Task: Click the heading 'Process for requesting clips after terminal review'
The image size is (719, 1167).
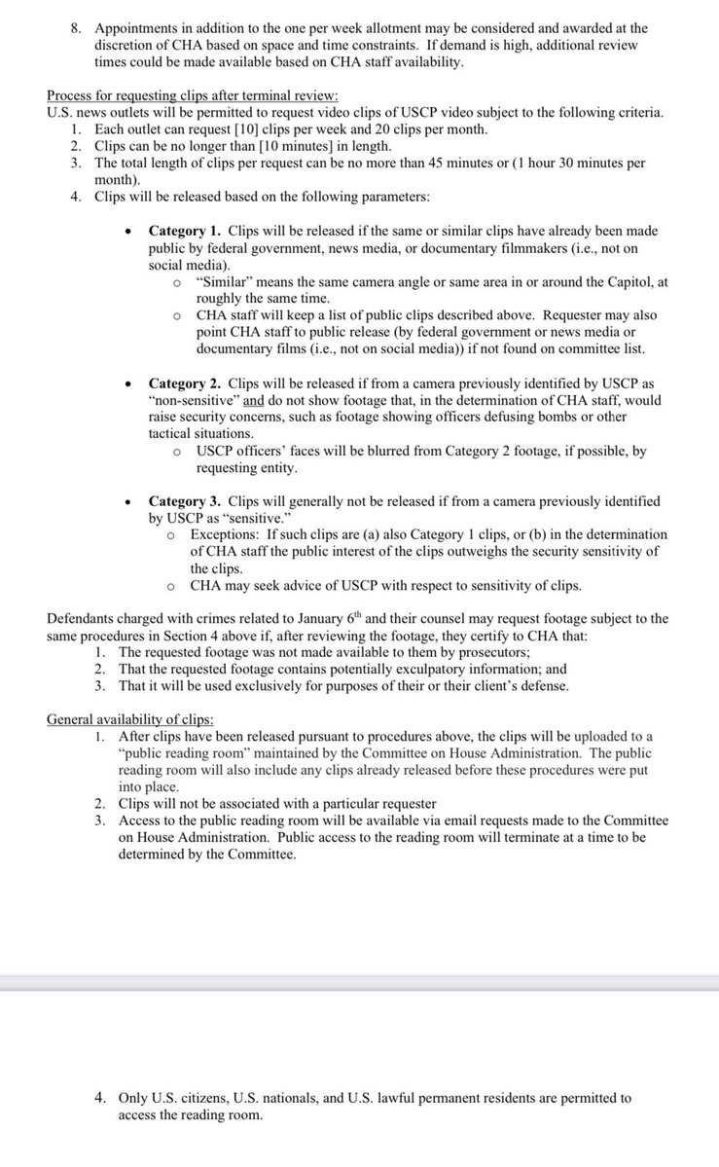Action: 193,94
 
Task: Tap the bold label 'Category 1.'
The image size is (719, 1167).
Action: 185,232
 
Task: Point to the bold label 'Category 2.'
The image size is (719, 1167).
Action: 185,384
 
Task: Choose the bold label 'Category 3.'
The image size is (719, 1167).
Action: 185,501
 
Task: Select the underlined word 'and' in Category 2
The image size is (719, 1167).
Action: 254,401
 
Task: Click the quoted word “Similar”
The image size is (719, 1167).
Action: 224,282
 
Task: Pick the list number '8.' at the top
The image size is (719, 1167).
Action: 77,29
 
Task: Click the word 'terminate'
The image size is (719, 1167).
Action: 534,837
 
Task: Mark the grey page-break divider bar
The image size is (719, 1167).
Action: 359,984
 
